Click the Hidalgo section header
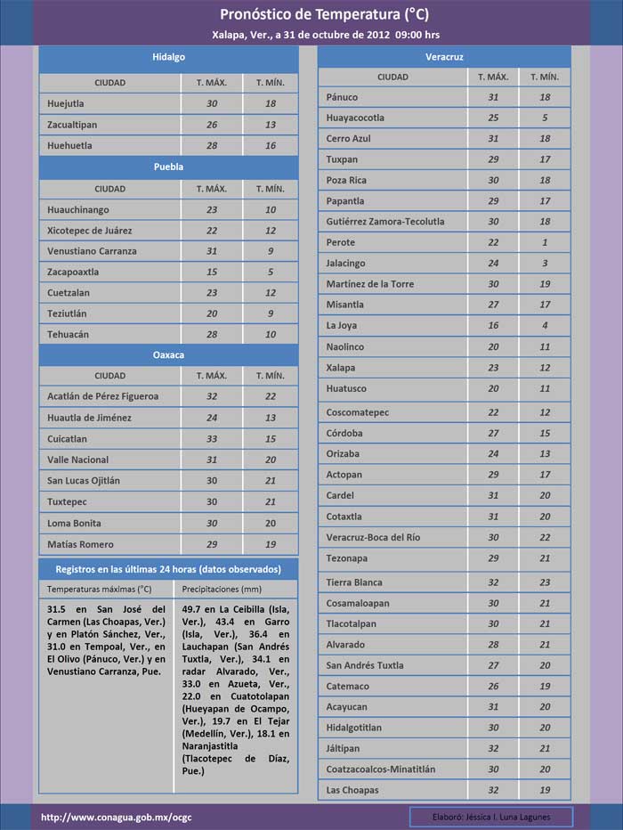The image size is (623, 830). [168, 57]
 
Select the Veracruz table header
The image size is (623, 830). [443, 57]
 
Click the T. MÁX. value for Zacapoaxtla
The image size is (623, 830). [212, 272]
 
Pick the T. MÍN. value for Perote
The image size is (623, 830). [545, 242]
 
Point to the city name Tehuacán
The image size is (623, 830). [68, 334]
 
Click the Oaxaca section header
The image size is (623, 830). [168, 354]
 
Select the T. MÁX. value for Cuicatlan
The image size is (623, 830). [212, 439]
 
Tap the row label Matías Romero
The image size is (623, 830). [80, 544]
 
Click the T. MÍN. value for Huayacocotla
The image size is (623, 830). [545, 118]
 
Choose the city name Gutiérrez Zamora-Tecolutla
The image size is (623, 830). [385, 222]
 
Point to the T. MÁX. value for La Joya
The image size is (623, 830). [493, 326]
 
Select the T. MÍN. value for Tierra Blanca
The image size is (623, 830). [545, 582]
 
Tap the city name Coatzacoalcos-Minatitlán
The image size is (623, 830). [381, 769]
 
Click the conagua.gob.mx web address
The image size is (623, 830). [116, 817]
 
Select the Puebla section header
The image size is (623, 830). [168, 167]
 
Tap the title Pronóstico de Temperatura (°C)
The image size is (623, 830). [311, 15]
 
